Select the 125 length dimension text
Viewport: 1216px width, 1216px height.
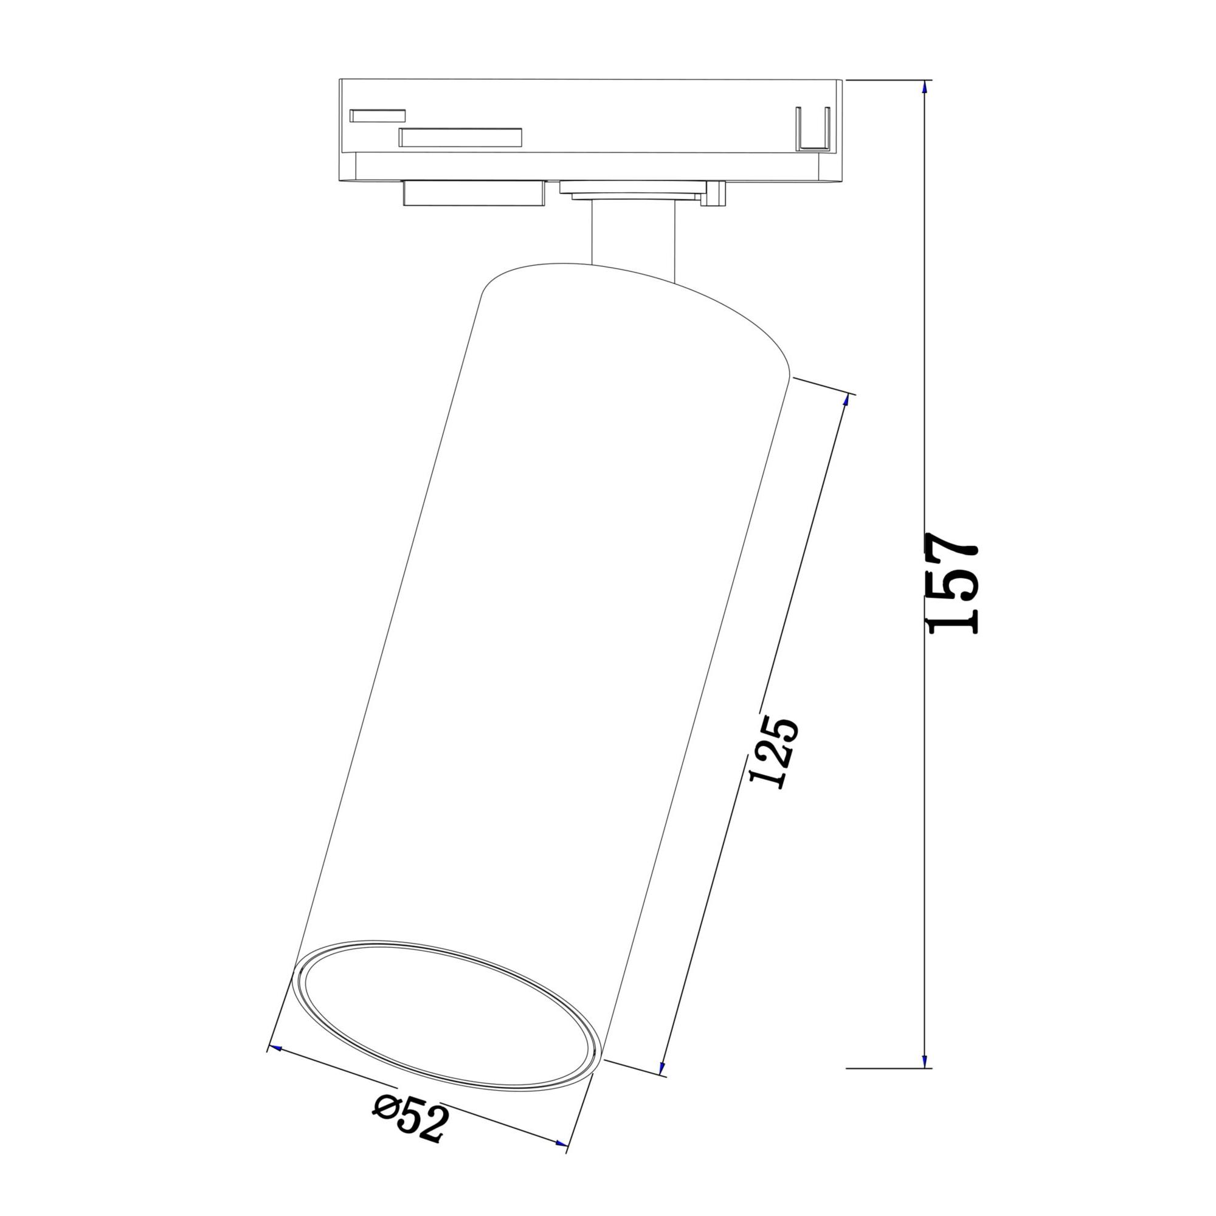[x=775, y=751]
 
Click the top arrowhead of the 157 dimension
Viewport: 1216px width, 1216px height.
[x=924, y=87]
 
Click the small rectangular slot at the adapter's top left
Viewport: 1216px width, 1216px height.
[x=378, y=115]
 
